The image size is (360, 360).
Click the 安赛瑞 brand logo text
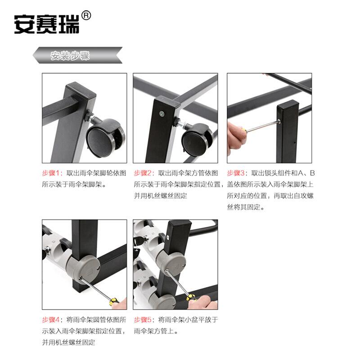coord(47,24)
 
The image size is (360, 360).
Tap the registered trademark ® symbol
coord(86,16)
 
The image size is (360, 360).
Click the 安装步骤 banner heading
coord(70,55)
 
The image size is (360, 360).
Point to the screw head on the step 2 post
coord(162,113)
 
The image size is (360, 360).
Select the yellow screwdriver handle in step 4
coord(114,301)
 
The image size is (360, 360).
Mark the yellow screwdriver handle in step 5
coord(191,297)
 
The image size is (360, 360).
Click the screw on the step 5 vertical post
coord(168,237)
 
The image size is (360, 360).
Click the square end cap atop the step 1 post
coord(81,93)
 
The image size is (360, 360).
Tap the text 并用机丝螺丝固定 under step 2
coord(161,196)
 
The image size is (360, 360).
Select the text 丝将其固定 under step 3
coord(245,207)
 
